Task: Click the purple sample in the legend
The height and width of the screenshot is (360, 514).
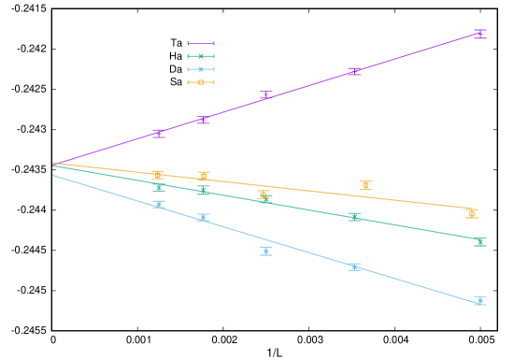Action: [201, 43]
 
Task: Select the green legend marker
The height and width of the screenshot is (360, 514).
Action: [201, 56]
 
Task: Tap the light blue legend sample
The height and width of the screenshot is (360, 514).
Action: [201, 69]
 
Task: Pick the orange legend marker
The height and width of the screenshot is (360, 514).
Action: [201, 82]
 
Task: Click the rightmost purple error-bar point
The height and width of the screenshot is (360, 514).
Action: [479, 34]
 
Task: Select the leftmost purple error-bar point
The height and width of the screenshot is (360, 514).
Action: [158, 133]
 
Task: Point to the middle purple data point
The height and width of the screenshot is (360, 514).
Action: [266, 94]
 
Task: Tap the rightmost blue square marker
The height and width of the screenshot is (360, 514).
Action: [479, 300]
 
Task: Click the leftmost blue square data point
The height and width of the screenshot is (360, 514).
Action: [158, 204]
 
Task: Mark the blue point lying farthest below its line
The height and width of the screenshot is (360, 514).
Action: [266, 251]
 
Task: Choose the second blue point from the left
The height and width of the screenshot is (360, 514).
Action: [203, 218]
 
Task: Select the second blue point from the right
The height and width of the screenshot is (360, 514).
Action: [355, 266]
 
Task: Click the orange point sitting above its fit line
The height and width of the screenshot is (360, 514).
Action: [365, 185]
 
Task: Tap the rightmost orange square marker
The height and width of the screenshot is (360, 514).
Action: [471, 213]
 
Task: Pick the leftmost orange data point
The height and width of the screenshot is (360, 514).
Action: [158, 175]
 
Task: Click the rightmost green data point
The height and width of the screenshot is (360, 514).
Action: [479, 241]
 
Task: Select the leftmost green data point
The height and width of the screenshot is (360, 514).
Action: [158, 187]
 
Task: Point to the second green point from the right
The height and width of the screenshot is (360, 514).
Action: [355, 217]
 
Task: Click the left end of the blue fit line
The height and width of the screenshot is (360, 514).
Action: [53, 175]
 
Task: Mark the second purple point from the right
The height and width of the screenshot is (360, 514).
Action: [355, 71]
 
